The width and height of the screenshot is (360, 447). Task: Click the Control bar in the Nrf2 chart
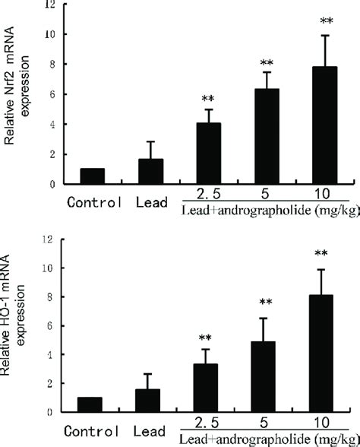[x=91, y=176]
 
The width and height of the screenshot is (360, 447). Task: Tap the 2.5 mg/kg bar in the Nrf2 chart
[x=210, y=154]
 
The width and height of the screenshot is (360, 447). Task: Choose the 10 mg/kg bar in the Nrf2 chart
[x=325, y=125]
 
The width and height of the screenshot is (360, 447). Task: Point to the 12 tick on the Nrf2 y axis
[x=49, y=5]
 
